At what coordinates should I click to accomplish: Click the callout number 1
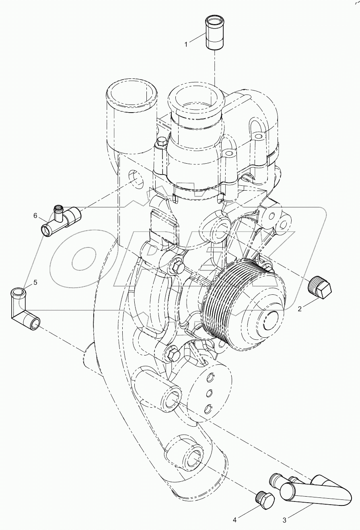[186, 44]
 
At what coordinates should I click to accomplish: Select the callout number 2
[300, 309]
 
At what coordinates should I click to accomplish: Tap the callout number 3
[284, 520]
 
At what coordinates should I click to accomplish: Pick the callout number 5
[35, 282]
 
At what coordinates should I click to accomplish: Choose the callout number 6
[35, 216]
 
